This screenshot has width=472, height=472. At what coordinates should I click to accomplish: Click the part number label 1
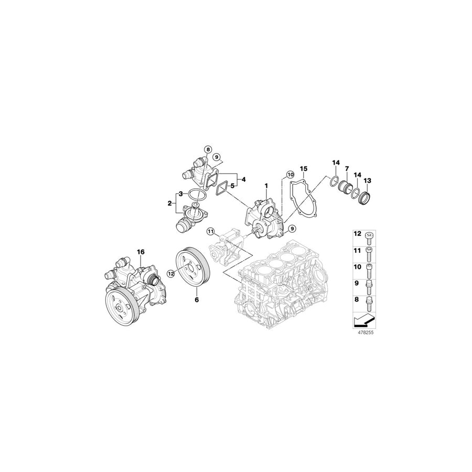pyautogui.click(x=266, y=186)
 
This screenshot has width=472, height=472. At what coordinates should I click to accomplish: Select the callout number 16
pyautogui.click(x=141, y=252)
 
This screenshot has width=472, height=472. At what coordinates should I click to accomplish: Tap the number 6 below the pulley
pyautogui.click(x=197, y=301)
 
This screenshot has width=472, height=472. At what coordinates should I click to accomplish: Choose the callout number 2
pyautogui.click(x=170, y=203)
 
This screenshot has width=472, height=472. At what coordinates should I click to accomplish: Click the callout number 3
pyautogui.click(x=180, y=195)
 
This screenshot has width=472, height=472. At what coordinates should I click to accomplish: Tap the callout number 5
pyautogui.click(x=232, y=186)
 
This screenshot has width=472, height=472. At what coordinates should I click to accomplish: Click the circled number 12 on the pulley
pyautogui.click(x=170, y=273)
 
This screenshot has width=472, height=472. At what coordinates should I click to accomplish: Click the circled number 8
pyautogui.click(x=208, y=149)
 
